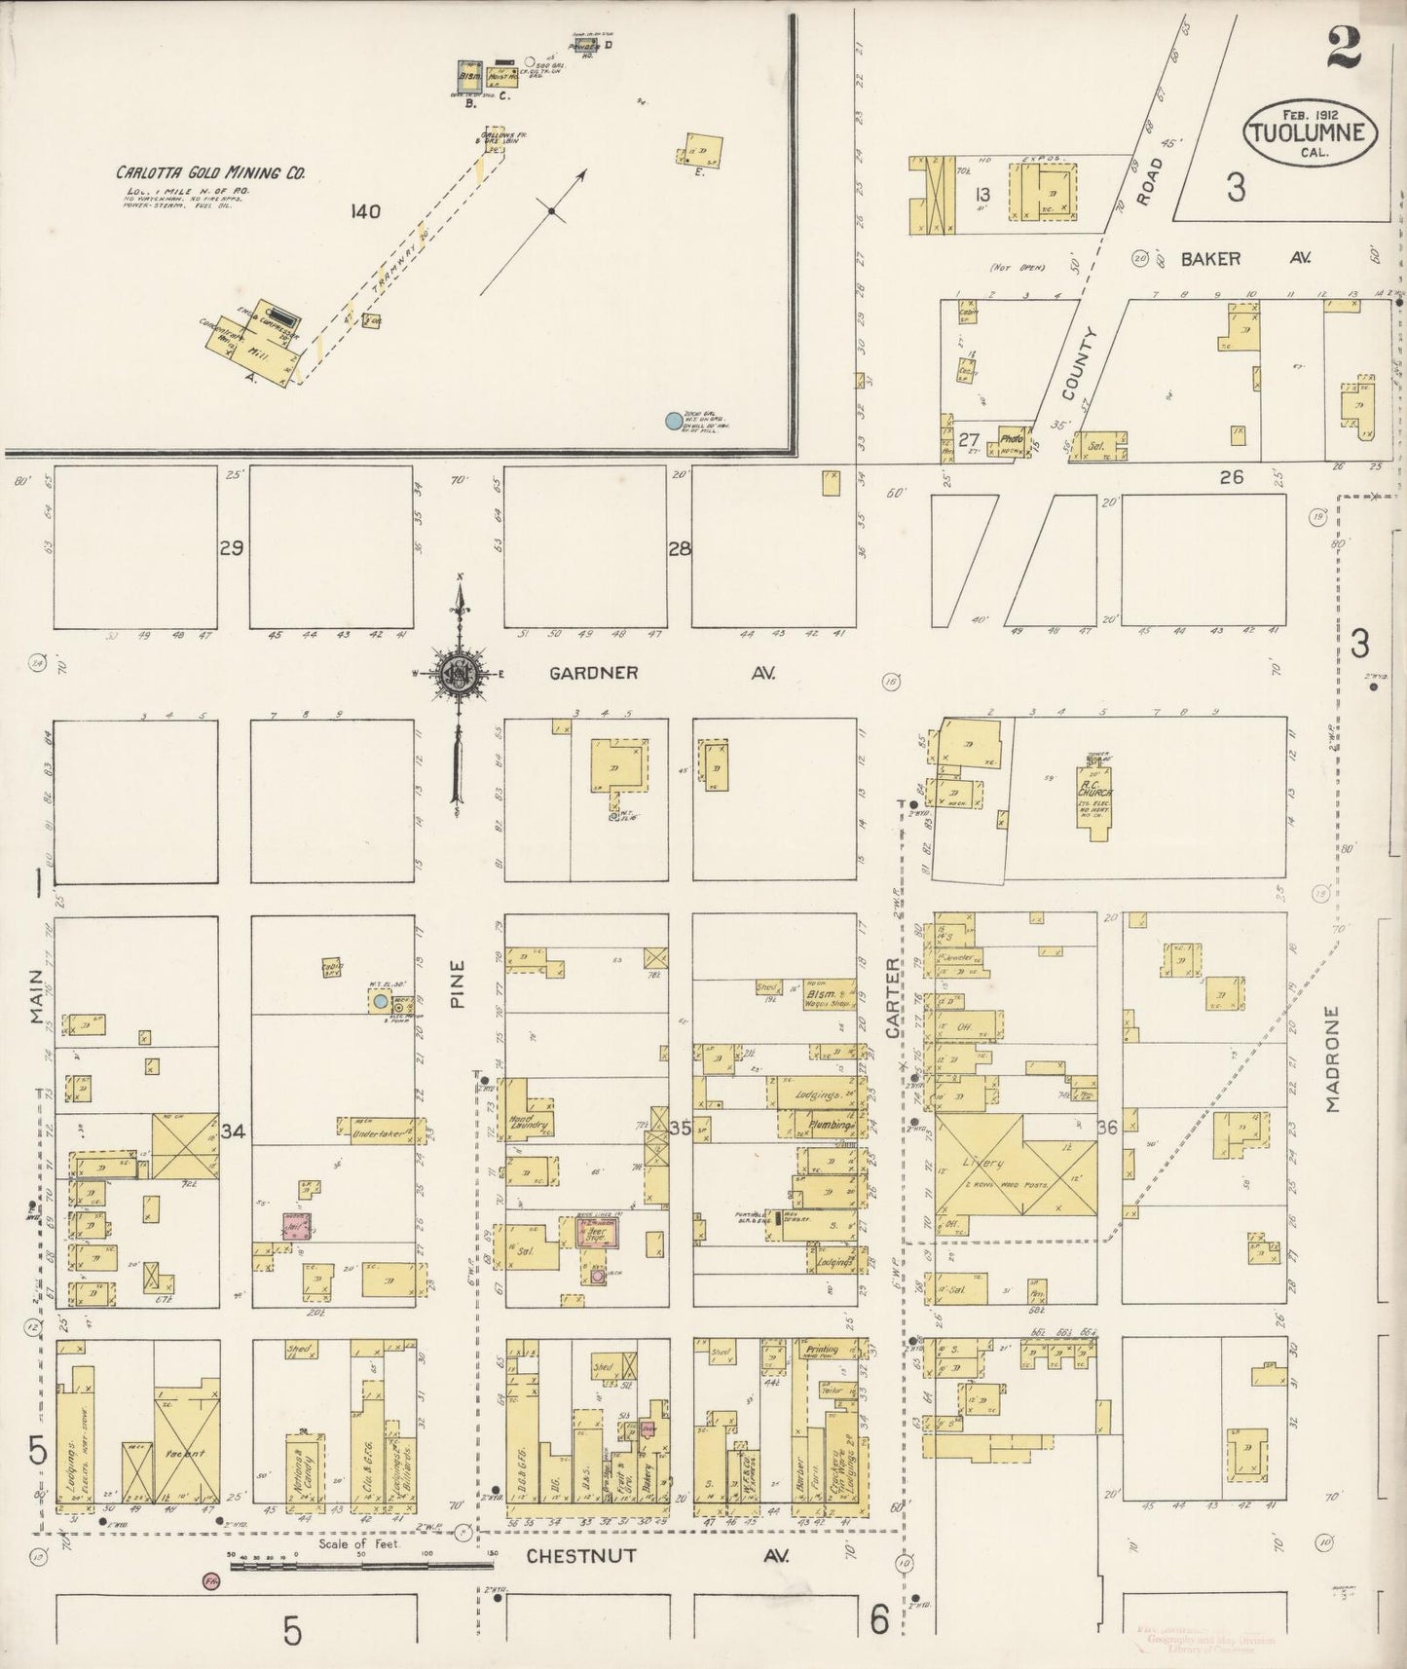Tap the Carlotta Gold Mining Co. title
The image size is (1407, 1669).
[211, 173]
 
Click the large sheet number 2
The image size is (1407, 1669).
[1343, 49]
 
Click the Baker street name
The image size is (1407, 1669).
[1211, 259]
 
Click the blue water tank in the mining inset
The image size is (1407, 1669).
[672, 421]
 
